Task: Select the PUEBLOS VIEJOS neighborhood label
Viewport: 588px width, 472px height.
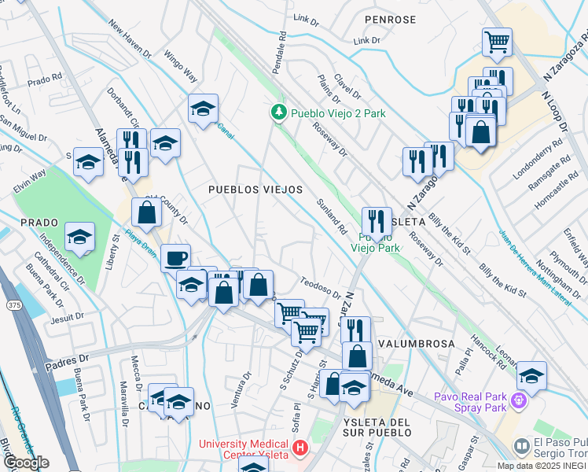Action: [x=255, y=190]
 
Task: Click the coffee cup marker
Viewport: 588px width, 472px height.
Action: [x=175, y=257]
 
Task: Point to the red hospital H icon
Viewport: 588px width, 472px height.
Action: [x=299, y=449]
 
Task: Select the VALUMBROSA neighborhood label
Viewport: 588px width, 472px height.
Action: [x=416, y=345]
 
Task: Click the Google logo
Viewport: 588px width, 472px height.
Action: [x=25, y=463]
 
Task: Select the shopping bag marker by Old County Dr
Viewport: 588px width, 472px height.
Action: [x=146, y=211]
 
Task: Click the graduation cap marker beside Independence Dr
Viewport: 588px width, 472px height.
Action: [x=79, y=236]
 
